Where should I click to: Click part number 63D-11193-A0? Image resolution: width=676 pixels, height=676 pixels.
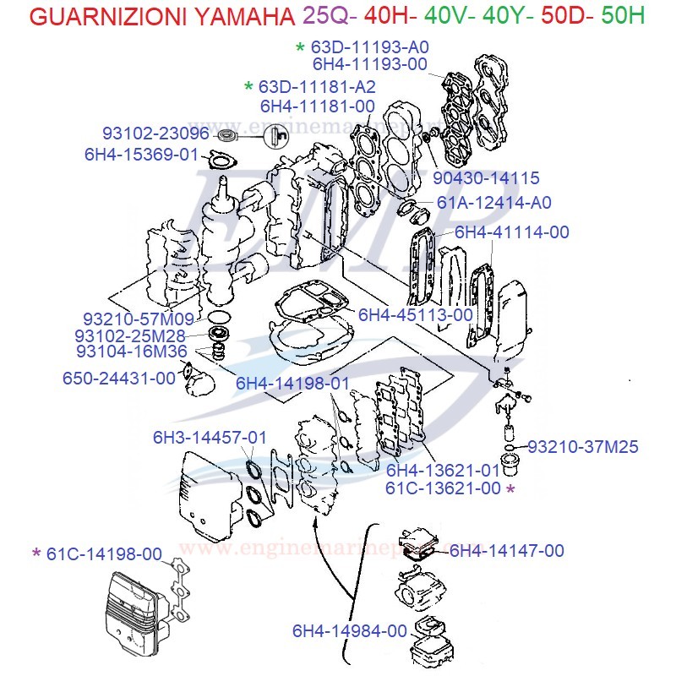tap(371, 47)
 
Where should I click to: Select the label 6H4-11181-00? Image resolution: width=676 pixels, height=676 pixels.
tap(317, 106)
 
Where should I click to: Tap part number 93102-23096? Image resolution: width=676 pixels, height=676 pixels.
tap(155, 134)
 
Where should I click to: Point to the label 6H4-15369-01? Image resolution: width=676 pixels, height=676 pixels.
tap(140, 155)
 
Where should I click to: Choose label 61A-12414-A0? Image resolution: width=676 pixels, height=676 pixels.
tap(494, 203)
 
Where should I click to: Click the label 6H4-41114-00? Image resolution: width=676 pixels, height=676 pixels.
tap(512, 232)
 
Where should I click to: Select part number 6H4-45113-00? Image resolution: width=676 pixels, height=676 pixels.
tap(416, 314)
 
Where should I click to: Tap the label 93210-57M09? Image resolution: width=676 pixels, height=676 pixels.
tap(139, 319)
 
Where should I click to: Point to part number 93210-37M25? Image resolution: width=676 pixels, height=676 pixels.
tap(583, 447)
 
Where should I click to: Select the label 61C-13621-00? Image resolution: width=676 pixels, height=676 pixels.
tap(443, 488)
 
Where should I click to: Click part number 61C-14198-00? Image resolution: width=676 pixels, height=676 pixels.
tap(104, 553)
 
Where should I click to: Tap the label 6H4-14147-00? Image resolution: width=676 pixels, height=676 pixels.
tap(506, 551)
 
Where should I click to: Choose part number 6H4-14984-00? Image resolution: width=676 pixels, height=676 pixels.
tap(350, 630)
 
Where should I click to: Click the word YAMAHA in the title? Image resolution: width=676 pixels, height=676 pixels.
tap(233, 16)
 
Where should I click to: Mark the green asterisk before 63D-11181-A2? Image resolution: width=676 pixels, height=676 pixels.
tap(248, 87)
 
